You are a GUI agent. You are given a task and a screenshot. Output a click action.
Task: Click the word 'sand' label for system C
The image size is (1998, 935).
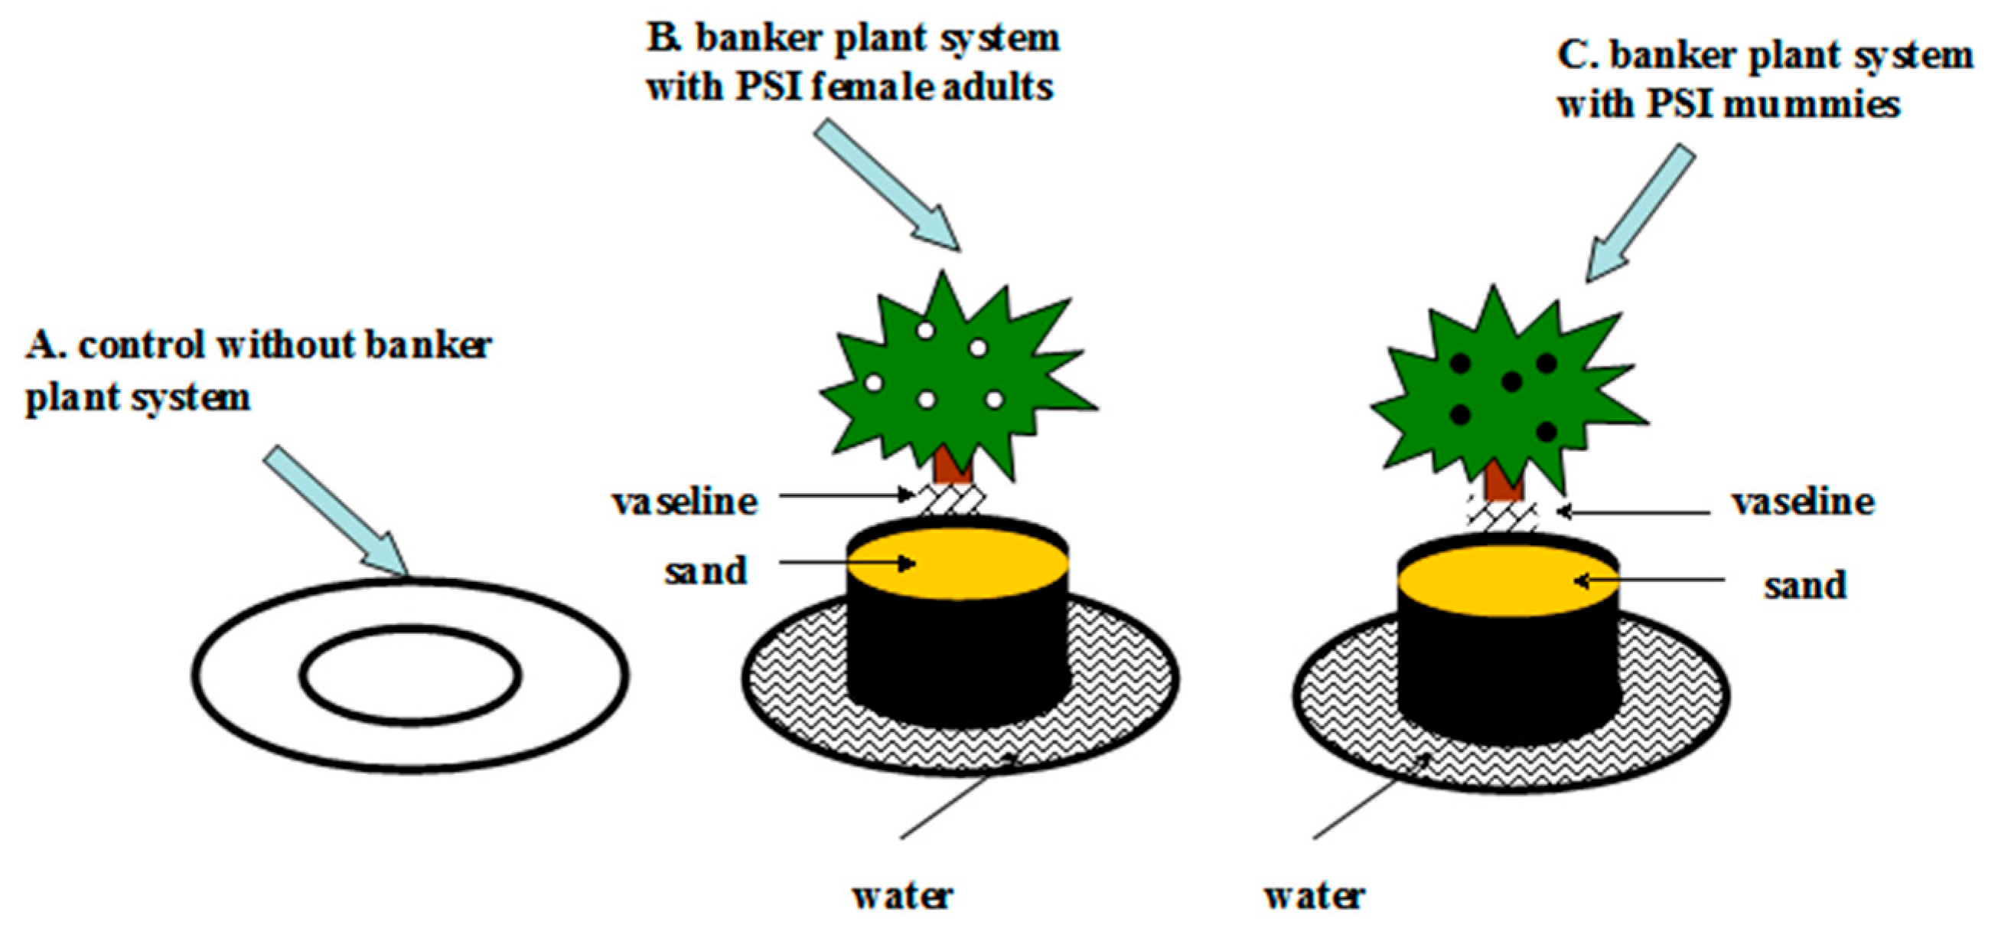pos(1805,585)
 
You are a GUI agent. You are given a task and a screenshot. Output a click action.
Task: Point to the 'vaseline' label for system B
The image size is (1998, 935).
pos(684,502)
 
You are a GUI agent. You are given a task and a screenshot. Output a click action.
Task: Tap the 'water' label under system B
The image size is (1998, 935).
pos(902,896)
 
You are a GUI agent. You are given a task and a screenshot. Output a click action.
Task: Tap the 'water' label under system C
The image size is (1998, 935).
pos(1315,896)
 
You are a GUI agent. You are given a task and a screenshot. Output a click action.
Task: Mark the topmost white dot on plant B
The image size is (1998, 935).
pos(924,330)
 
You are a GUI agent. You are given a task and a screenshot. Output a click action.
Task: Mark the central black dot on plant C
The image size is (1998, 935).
pos(1511,381)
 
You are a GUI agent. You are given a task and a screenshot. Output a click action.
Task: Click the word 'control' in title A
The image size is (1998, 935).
pos(142,345)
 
